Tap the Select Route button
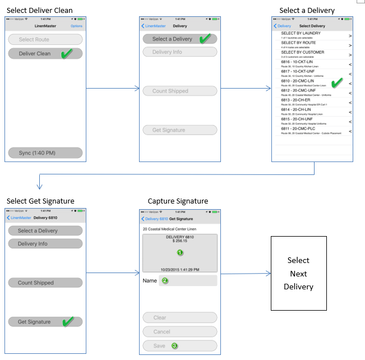click(45, 40)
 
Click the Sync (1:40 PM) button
click(45, 153)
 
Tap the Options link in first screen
click(76, 26)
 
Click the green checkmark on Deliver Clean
click(67, 53)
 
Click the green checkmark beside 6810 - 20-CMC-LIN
click(337, 83)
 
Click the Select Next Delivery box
click(298, 274)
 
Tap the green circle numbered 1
click(180, 253)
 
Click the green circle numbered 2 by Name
click(165, 280)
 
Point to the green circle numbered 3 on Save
click(174, 346)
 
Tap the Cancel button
click(179, 332)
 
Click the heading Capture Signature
click(178, 201)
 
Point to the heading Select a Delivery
click(307, 11)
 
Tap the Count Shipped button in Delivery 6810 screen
click(45, 283)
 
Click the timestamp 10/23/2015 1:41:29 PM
click(179, 270)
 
